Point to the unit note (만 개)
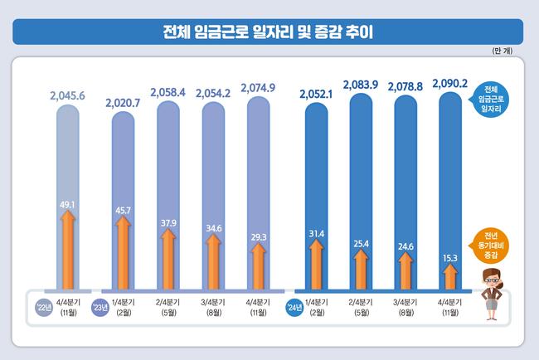point(505,53)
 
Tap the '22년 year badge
point(44,309)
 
